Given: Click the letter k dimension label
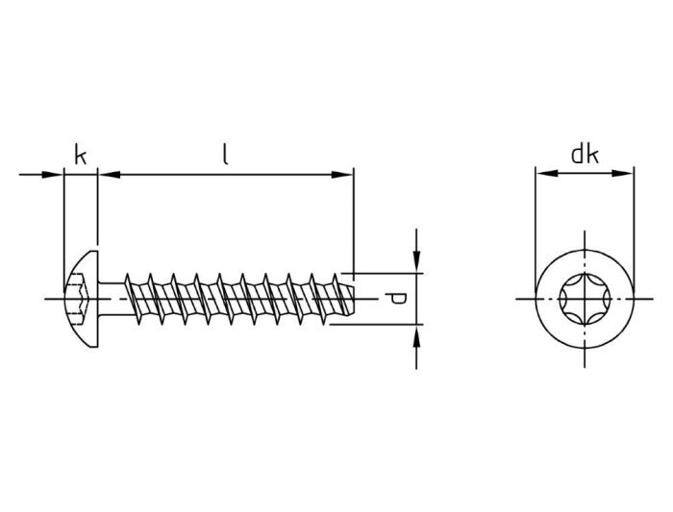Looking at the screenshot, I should pyautogui.click(x=81, y=154).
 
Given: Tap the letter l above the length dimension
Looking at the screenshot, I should pyautogui.click(x=225, y=154).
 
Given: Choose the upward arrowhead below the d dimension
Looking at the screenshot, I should pyautogui.click(x=415, y=334).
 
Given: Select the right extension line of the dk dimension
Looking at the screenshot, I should pyautogui.click(x=634, y=221).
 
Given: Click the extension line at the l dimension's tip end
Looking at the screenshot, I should pyautogui.click(x=354, y=221).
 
